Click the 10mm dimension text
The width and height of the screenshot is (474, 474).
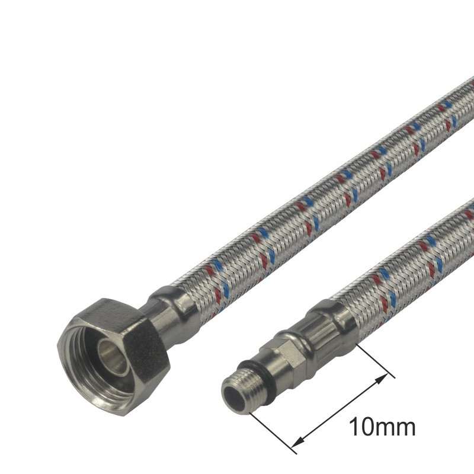tap(382, 427)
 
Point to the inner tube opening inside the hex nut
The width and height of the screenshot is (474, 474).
tap(113, 354)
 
